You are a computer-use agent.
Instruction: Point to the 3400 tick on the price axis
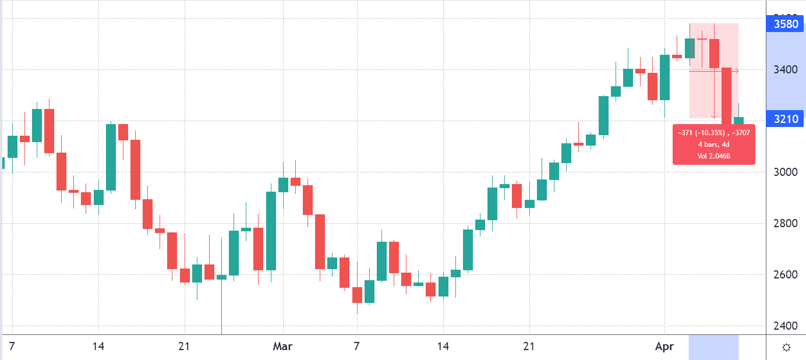click(786, 70)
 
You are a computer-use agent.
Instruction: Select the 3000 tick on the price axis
click(786, 172)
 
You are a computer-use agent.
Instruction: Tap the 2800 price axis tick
click(786, 223)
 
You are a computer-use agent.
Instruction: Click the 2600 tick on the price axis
click(786, 274)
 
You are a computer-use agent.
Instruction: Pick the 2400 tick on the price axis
click(786, 326)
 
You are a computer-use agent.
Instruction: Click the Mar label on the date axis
click(282, 347)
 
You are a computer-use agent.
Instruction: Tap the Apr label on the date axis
click(664, 347)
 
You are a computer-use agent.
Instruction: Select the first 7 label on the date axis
click(12, 347)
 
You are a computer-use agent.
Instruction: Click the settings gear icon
click(786, 348)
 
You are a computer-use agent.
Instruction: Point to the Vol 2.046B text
click(713, 156)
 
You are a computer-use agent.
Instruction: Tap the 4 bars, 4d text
click(713, 144)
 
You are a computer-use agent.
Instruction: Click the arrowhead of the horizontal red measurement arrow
click(737, 71)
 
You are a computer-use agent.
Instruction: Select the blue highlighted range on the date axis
click(713, 347)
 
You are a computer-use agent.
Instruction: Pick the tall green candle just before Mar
click(271, 231)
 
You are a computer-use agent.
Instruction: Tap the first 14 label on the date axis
click(98, 347)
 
